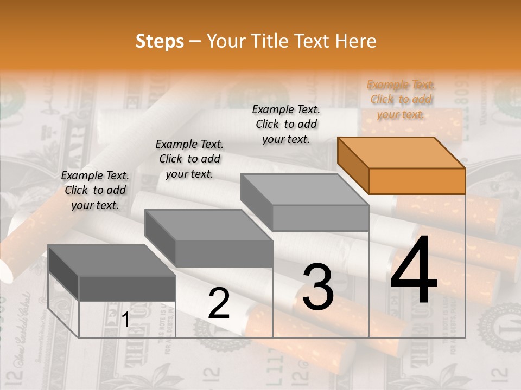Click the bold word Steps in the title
click(160, 41)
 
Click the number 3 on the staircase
click(318, 287)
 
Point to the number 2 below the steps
click(219, 303)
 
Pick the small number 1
click(125, 320)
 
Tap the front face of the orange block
click(417, 181)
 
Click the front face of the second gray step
click(224, 253)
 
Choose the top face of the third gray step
click(304, 190)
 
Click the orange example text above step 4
click(401, 100)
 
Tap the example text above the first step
click(95, 190)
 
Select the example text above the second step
click(189, 159)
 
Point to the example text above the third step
click(286, 124)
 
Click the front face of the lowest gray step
click(127, 288)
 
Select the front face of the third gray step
click(320, 218)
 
